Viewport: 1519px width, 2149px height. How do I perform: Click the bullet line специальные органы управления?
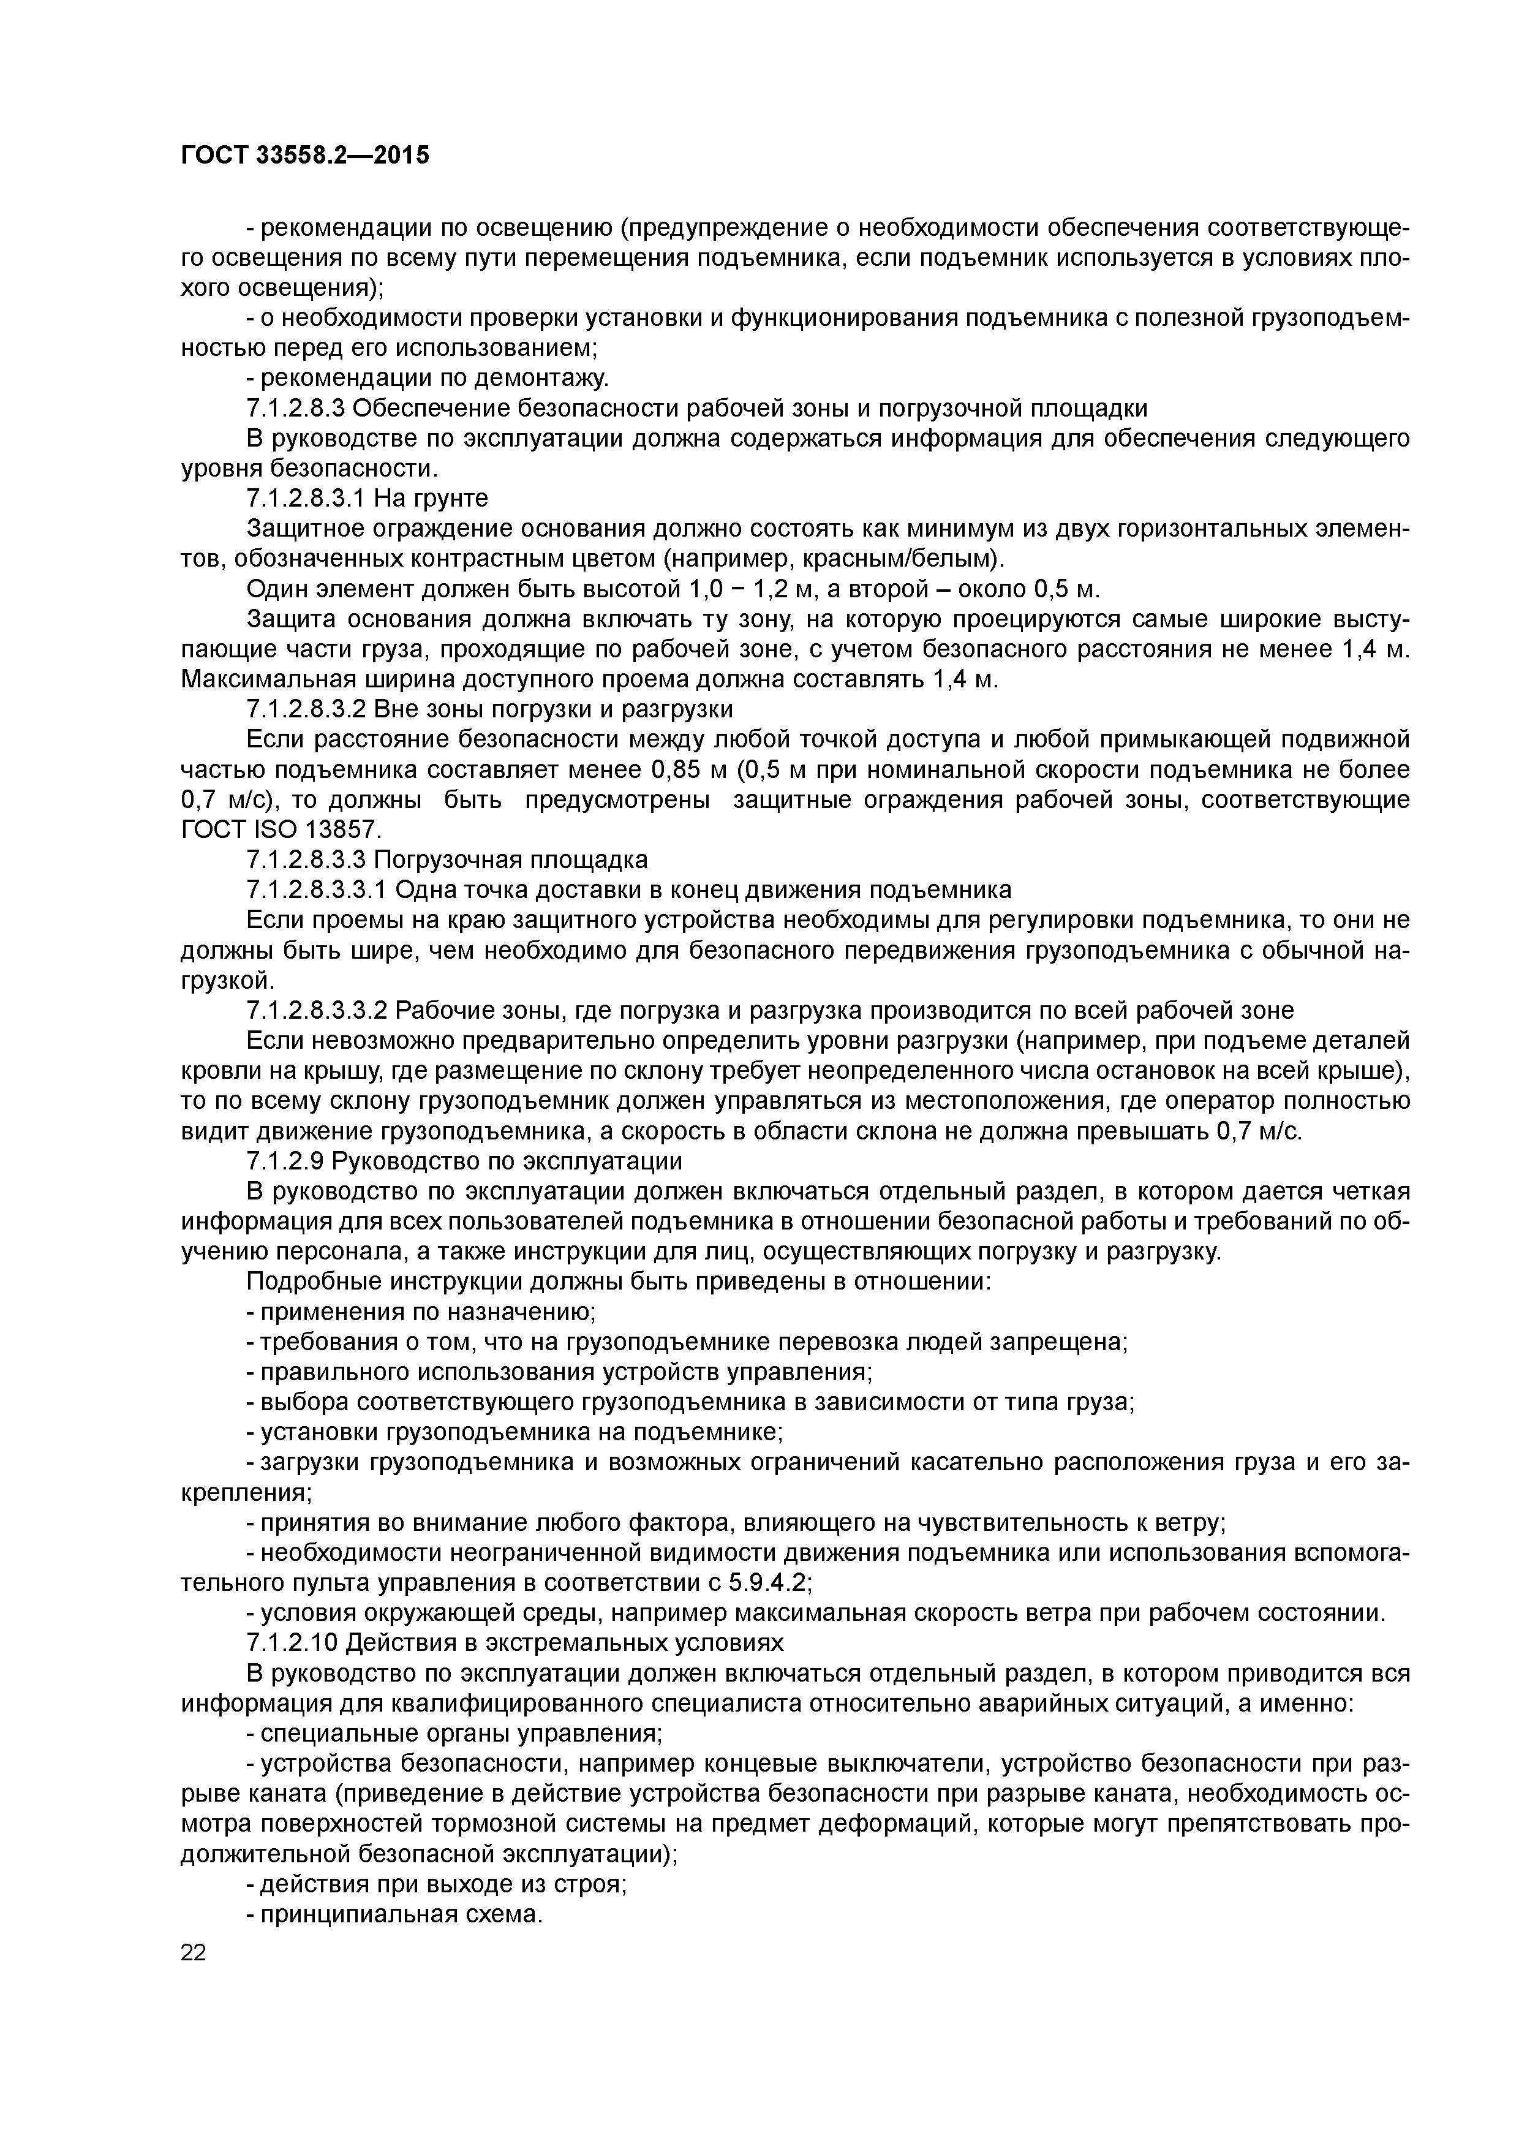point(454,1734)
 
